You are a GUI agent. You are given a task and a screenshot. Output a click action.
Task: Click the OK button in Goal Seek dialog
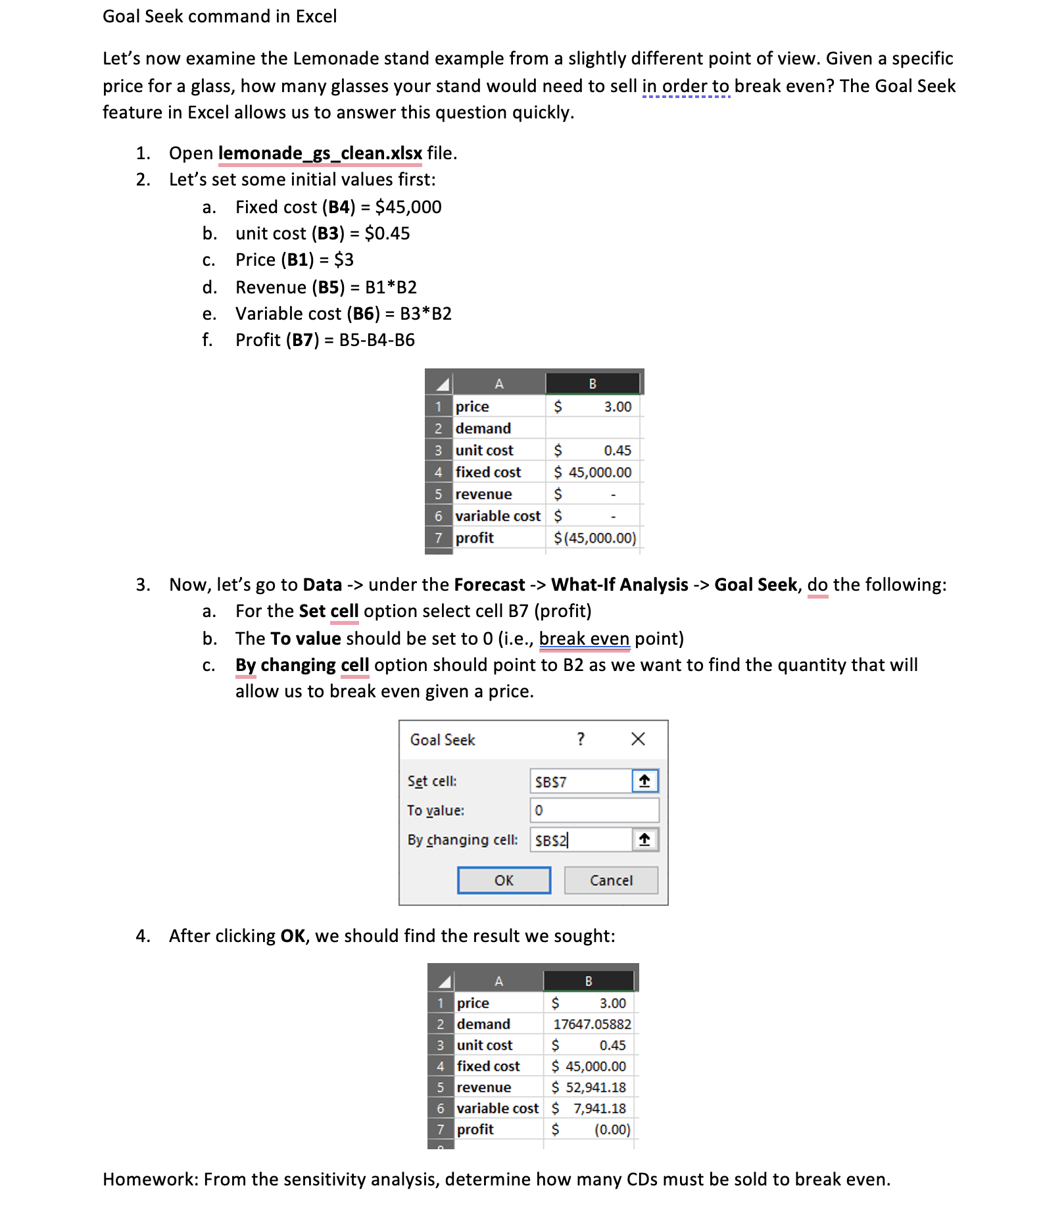tap(504, 880)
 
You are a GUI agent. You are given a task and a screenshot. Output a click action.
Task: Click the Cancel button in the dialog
tap(610, 880)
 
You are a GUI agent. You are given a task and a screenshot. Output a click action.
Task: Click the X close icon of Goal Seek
tap(637, 739)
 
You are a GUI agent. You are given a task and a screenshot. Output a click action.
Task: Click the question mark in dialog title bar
tap(581, 739)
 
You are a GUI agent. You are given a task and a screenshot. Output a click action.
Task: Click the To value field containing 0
tap(594, 810)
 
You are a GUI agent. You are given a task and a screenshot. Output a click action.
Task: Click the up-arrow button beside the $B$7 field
tap(644, 782)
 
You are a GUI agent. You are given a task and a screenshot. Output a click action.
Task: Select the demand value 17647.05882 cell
tap(591, 1024)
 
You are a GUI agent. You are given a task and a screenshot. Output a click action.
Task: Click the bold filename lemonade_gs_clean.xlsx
tap(320, 153)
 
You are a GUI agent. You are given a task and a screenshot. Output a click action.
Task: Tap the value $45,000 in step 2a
tap(408, 207)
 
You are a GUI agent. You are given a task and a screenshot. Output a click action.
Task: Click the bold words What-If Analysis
tap(619, 585)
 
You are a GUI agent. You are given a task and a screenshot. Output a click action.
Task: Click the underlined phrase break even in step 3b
tap(584, 639)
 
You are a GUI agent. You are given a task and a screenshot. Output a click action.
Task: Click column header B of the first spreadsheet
tap(593, 384)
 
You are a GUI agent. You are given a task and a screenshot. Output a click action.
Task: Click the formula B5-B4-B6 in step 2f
tap(377, 340)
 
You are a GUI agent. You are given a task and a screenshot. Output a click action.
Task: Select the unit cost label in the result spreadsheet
tap(485, 1045)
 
